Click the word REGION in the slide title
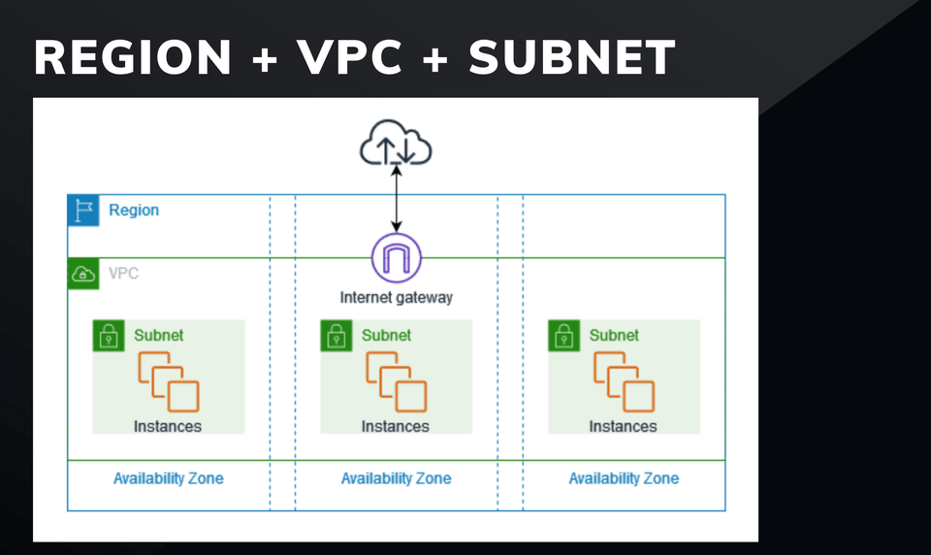(133, 58)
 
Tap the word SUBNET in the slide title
(572, 58)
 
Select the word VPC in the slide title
(351, 58)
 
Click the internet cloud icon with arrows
(396, 147)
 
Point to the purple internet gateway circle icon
(397, 258)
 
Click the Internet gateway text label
(396, 297)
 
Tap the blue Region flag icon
(83, 211)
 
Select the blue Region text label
(134, 211)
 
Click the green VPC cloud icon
(83, 274)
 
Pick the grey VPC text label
(123, 274)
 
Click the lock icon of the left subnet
(109, 336)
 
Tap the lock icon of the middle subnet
(337, 336)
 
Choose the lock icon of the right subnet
(564, 336)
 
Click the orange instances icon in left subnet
(168, 381)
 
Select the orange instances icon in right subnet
(624, 381)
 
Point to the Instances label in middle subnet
(396, 426)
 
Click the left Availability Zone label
(168, 478)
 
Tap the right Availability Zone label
(624, 478)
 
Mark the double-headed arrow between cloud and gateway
(397, 198)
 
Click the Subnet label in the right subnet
(614, 336)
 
